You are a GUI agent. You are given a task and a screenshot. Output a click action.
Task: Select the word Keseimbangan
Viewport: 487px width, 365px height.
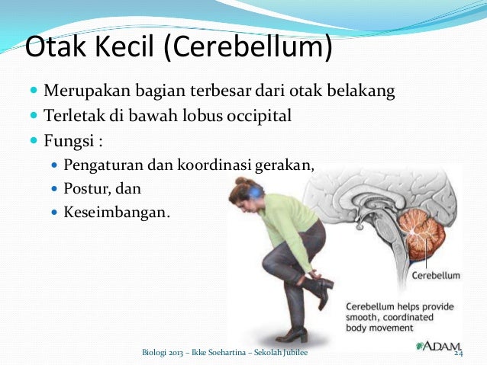(x=114, y=210)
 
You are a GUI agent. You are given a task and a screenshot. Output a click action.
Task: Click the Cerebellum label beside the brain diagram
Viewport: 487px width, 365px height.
(x=436, y=275)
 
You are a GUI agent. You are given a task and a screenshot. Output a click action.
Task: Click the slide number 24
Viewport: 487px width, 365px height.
(x=459, y=354)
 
